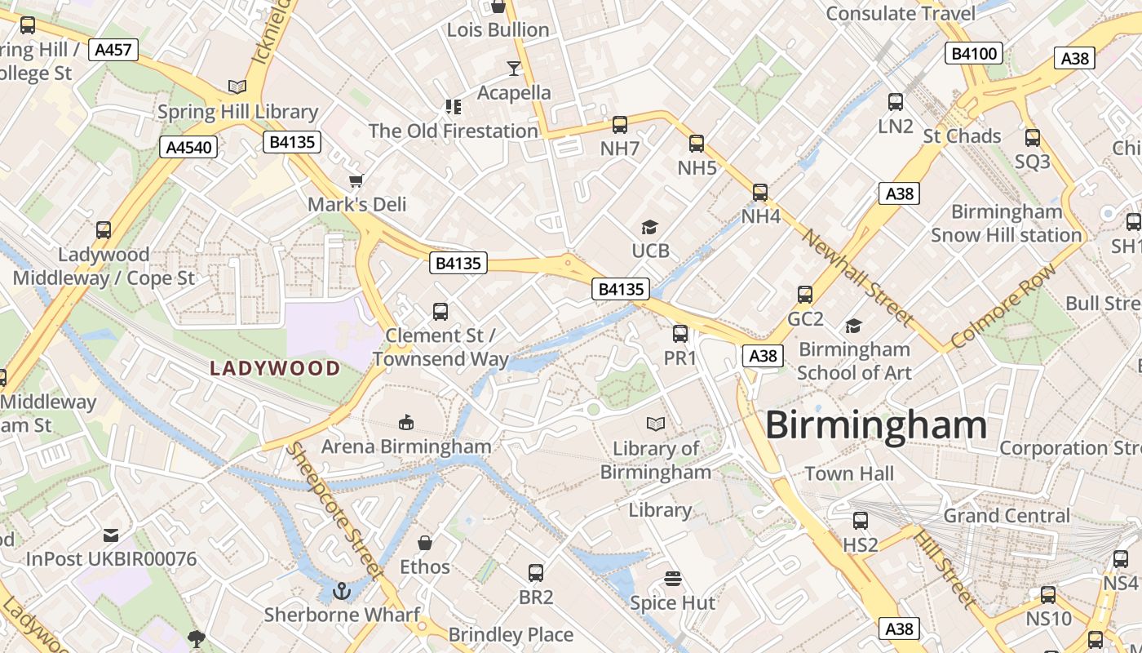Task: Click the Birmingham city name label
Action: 876,425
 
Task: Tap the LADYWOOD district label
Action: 275,368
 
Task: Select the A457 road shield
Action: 113,50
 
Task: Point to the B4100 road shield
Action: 974,55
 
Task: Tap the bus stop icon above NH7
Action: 620,125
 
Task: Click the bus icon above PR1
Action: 680,334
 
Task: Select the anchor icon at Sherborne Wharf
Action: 343,590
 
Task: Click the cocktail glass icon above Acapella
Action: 514,68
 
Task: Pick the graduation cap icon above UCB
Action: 649,227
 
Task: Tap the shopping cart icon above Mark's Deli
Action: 356,180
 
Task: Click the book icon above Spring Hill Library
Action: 237,87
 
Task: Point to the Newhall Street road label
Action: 856,276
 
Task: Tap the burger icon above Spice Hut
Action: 673,579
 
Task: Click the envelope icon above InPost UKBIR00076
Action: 111,535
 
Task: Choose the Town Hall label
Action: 849,473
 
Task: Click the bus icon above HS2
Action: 860,521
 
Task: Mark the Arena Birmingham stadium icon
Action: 405,422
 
